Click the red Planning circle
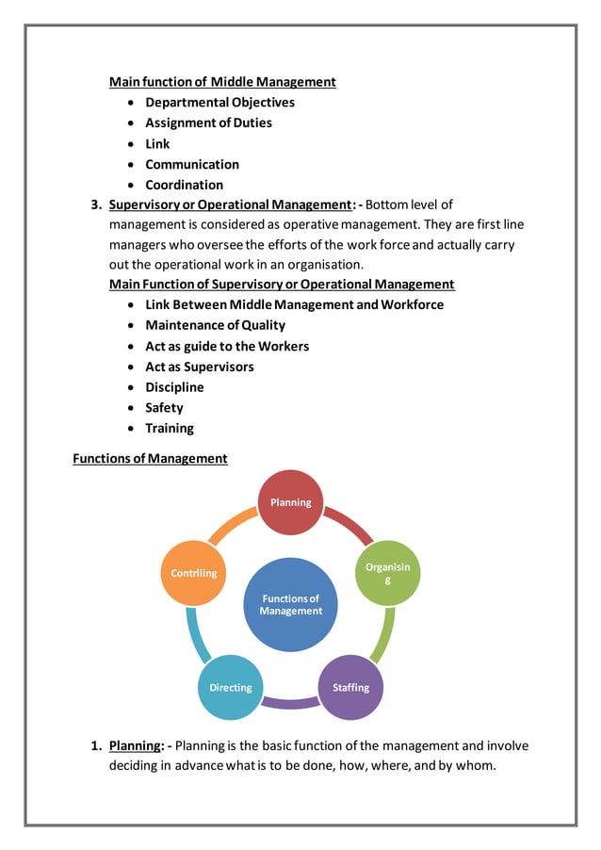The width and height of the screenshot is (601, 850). (x=290, y=503)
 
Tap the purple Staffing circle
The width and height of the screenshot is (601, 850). (x=350, y=687)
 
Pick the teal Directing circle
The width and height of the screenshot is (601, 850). (x=231, y=687)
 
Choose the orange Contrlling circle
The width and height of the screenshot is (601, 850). (x=194, y=573)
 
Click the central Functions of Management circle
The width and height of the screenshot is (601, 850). (x=290, y=604)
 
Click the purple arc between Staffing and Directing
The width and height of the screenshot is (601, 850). (x=290, y=703)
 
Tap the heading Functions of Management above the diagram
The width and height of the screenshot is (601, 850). (x=150, y=459)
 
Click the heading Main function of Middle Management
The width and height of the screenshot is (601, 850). (x=222, y=82)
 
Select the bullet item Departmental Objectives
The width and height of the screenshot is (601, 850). (x=219, y=103)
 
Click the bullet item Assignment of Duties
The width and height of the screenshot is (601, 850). (x=208, y=123)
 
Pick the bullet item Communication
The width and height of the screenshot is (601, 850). (x=192, y=165)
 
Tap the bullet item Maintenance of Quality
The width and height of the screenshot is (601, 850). (x=215, y=325)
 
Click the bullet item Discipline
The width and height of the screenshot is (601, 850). (x=174, y=387)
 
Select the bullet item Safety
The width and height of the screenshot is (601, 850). (x=164, y=408)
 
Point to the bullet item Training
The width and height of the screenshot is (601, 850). (x=170, y=429)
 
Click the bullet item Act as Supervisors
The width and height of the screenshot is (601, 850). (x=200, y=367)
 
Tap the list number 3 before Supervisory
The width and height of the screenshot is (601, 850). (x=94, y=204)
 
